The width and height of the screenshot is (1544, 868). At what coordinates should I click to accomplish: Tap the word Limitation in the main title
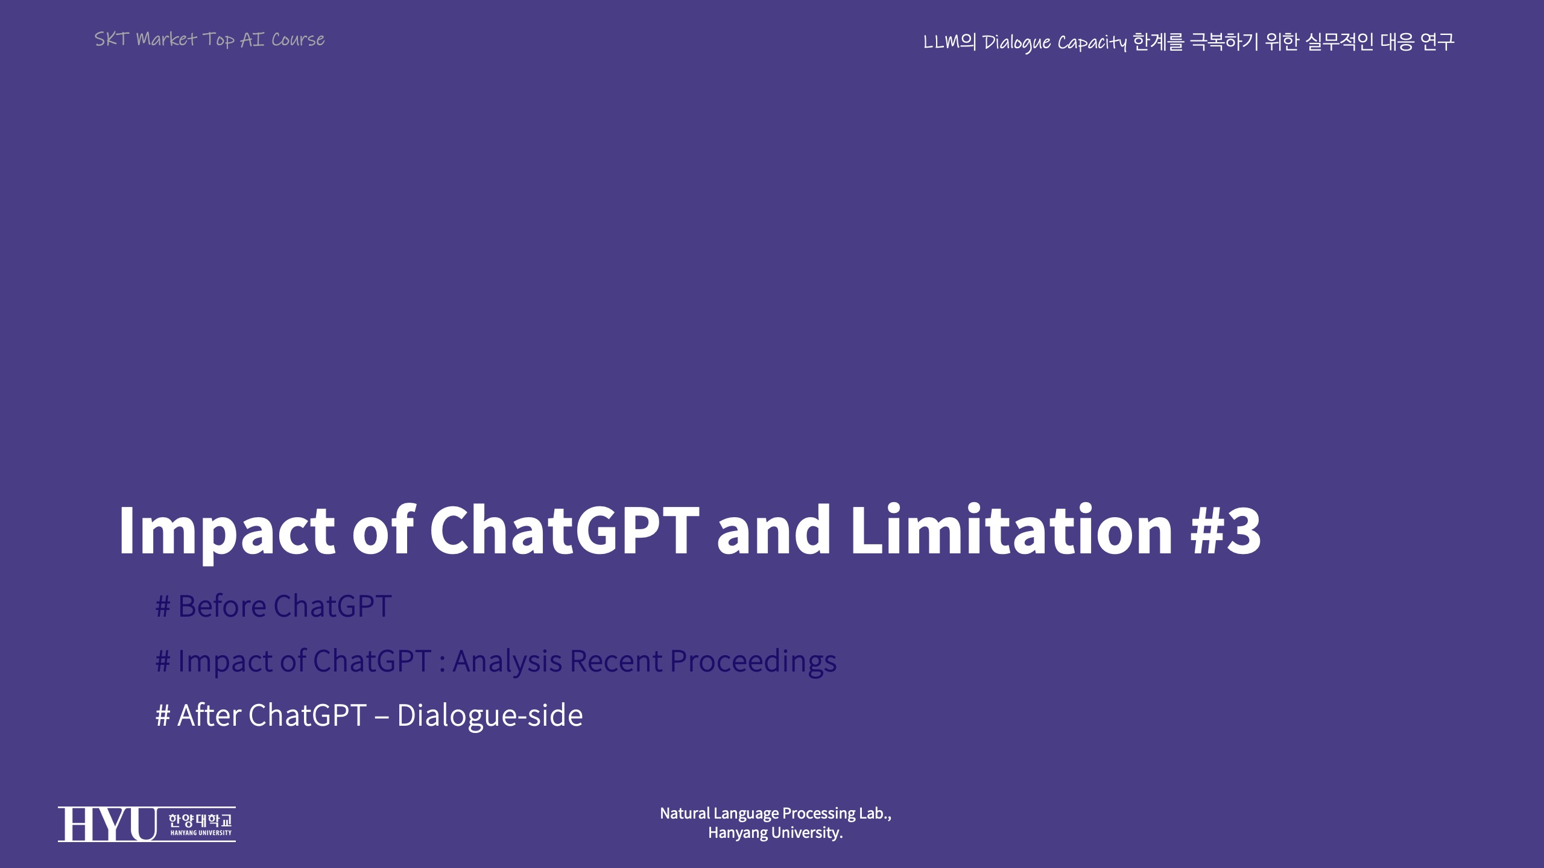(x=1011, y=529)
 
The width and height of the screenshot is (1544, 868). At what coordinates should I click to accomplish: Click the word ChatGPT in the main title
(x=565, y=529)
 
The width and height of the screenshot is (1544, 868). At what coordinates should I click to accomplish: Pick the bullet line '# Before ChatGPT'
(x=274, y=606)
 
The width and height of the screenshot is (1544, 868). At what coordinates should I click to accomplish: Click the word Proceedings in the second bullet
(x=753, y=662)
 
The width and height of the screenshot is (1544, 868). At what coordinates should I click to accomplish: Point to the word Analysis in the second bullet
(x=507, y=662)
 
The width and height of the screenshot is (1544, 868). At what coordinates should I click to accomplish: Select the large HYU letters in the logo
(x=108, y=824)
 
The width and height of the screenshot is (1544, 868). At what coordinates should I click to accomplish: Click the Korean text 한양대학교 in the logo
(x=200, y=820)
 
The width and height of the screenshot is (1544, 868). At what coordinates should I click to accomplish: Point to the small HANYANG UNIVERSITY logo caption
(x=201, y=833)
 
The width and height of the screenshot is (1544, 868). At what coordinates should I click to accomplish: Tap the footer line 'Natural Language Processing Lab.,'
(x=776, y=814)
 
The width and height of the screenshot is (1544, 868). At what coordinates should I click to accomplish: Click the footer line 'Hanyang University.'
(x=776, y=833)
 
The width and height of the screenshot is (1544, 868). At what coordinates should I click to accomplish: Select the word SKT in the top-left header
(x=112, y=39)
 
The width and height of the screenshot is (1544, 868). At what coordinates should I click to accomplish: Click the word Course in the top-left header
(x=298, y=40)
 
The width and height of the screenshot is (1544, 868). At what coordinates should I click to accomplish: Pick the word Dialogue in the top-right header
(x=1017, y=43)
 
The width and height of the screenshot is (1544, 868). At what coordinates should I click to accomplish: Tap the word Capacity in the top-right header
(x=1092, y=43)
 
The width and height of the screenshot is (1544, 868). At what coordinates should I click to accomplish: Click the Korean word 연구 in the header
(x=1437, y=42)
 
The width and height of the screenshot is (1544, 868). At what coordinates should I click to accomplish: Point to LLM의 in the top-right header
(x=949, y=42)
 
